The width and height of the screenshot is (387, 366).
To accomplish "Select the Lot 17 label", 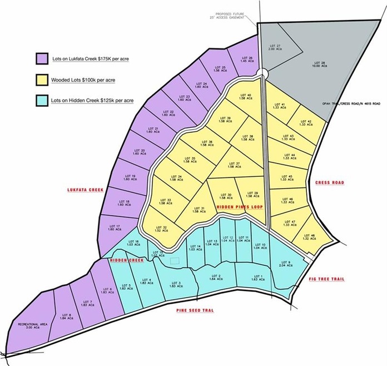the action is coord(115,228).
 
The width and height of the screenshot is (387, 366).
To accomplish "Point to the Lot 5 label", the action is coord(126,287).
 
